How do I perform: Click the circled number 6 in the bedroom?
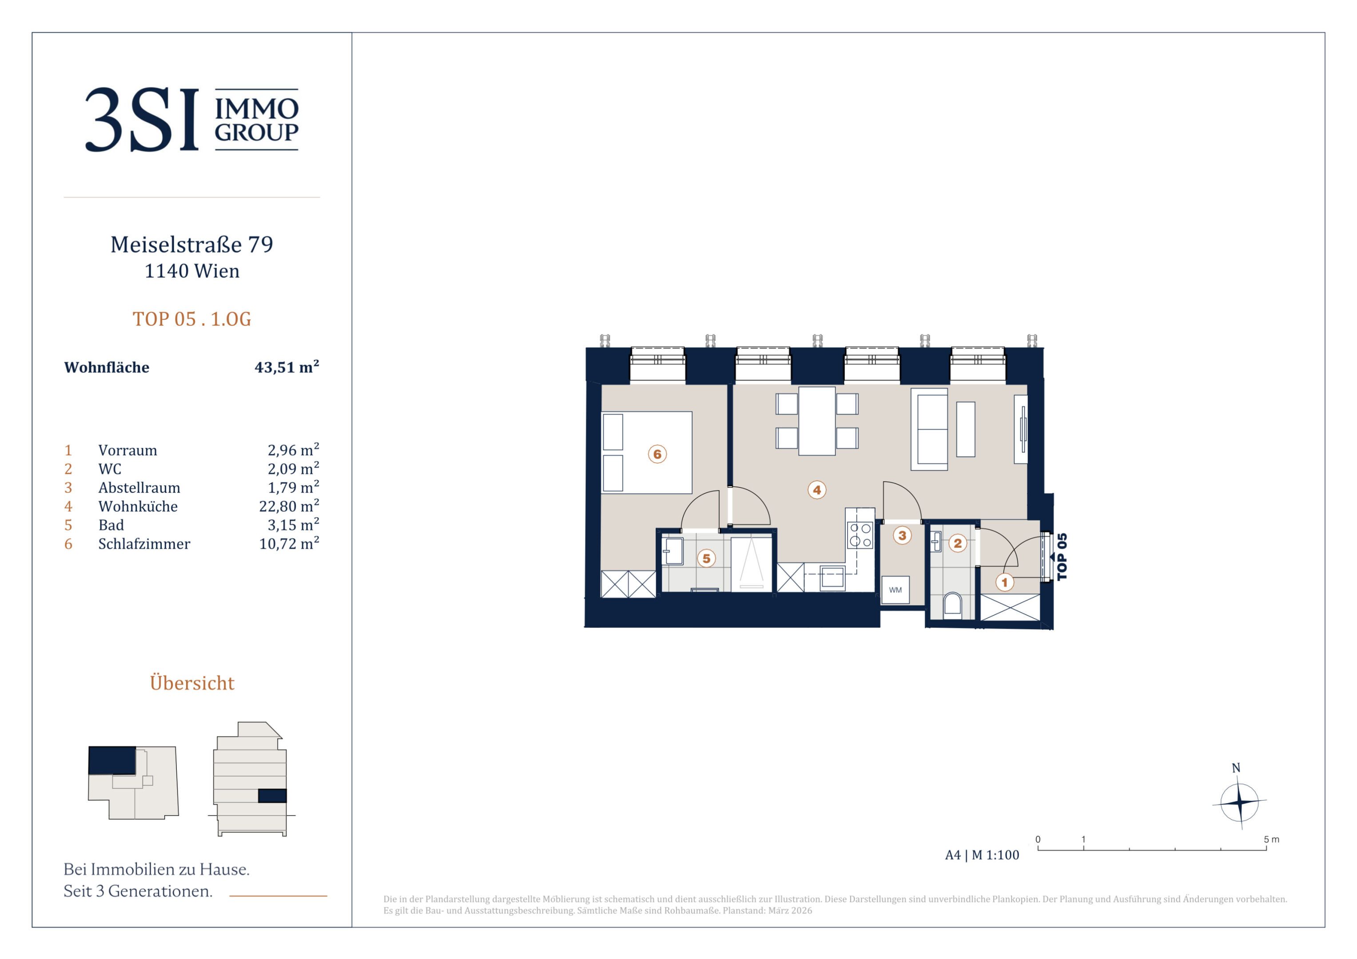pyautogui.click(x=657, y=454)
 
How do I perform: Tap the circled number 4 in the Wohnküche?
pyautogui.click(x=817, y=489)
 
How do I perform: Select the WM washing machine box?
pyautogui.click(x=895, y=590)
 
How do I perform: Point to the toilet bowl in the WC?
pyautogui.click(x=953, y=604)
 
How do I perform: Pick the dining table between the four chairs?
pyautogui.click(x=817, y=421)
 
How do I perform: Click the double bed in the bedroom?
pyautogui.click(x=647, y=452)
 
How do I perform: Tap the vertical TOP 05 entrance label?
pyautogui.click(x=1062, y=557)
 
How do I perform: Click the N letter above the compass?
pyautogui.click(x=1236, y=768)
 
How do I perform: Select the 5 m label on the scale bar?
pyautogui.click(x=1271, y=839)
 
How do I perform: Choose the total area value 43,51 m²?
pyautogui.click(x=287, y=367)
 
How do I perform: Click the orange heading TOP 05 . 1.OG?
pyautogui.click(x=192, y=319)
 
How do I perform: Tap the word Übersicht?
pyautogui.click(x=192, y=683)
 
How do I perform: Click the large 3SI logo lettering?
pyautogui.click(x=142, y=119)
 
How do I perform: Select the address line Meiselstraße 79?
pyautogui.click(x=192, y=245)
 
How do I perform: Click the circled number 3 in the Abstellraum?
pyautogui.click(x=902, y=535)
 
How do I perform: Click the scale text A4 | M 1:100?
pyautogui.click(x=982, y=855)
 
